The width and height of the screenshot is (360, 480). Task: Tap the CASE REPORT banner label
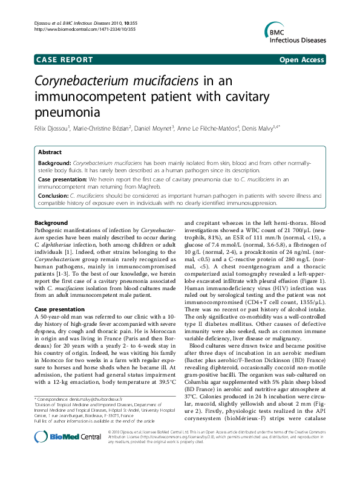point(65,60)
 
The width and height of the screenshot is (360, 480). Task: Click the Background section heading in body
point(51,224)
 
